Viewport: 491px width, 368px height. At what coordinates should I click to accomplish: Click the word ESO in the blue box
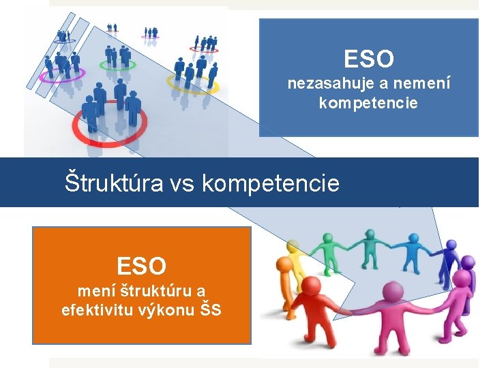click(x=369, y=59)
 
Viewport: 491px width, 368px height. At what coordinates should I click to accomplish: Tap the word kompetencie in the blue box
click(x=368, y=104)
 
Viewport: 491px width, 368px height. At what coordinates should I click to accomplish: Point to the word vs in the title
click(x=182, y=183)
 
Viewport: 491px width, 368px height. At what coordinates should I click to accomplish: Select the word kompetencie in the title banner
click(x=271, y=183)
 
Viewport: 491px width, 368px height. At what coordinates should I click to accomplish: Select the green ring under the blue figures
click(x=117, y=65)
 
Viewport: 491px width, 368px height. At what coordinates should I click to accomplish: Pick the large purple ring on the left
click(x=61, y=74)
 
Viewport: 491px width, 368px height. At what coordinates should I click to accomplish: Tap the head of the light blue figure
click(x=415, y=239)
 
